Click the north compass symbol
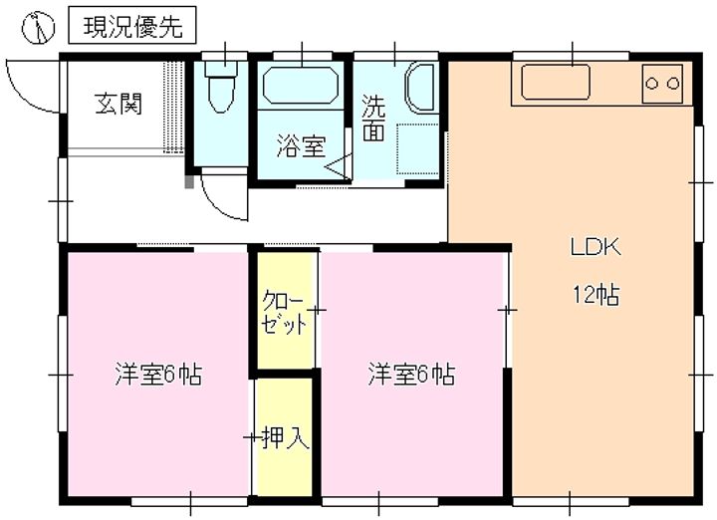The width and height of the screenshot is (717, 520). pyautogui.click(x=38, y=27)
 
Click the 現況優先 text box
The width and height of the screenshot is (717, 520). pyautogui.click(x=132, y=25)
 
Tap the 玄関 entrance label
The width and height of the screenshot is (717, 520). pyautogui.click(x=119, y=104)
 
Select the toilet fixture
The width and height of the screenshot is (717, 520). pyautogui.click(x=221, y=86)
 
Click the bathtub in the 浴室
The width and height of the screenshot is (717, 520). pyautogui.click(x=301, y=85)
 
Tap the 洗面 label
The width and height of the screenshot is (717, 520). pyautogui.click(x=373, y=118)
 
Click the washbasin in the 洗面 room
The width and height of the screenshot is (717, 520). pyautogui.click(x=420, y=89)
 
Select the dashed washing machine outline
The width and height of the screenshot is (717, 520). pyautogui.click(x=417, y=148)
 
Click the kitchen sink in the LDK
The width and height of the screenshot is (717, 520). pyautogui.click(x=556, y=82)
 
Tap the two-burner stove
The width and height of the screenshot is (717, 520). pyautogui.click(x=661, y=84)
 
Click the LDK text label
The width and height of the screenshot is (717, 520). pyautogui.click(x=596, y=247)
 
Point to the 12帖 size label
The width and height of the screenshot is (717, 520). pyautogui.click(x=597, y=294)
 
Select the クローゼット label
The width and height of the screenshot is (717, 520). pyautogui.click(x=284, y=315)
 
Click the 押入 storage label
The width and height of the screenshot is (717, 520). pyautogui.click(x=286, y=437)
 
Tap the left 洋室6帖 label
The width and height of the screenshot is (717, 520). pyautogui.click(x=158, y=375)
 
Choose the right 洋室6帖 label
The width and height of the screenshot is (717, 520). pyautogui.click(x=411, y=375)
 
